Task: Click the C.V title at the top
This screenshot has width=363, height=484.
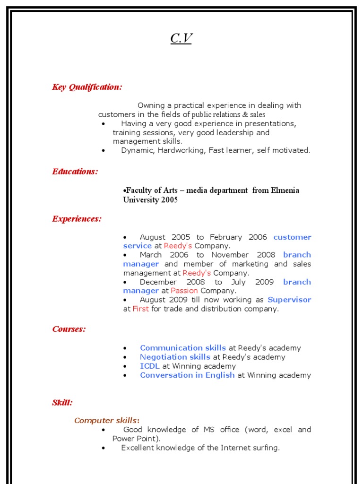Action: [x=181, y=38]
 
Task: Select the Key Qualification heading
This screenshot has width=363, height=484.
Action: [x=87, y=87]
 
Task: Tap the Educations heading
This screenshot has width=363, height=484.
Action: [x=75, y=172]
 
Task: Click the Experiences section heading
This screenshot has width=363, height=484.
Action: [x=77, y=219]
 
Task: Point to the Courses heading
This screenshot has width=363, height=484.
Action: [x=69, y=329]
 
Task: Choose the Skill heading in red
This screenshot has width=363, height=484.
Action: [x=62, y=403]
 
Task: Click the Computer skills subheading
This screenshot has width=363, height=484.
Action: [x=107, y=420]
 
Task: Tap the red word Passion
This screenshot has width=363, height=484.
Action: [x=184, y=291]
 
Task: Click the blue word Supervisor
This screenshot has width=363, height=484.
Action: [x=289, y=300]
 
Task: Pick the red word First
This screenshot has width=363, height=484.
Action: [x=141, y=309]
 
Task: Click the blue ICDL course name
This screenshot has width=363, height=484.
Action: [x=150, y=366]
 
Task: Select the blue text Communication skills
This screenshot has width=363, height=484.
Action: [x=183, y=348]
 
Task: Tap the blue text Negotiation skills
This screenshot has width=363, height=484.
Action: [x=175, y=357]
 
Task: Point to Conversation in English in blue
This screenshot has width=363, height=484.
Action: [x=187, y=375]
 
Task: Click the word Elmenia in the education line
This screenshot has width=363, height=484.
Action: [x=285, y=190]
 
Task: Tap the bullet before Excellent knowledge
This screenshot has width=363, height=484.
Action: [x=104, y=448]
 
